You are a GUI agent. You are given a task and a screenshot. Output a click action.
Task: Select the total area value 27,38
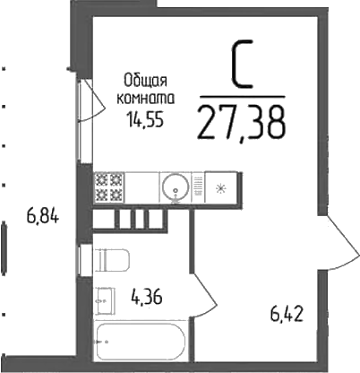[242, 119]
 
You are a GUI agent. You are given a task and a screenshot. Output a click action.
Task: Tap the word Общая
[146, 81]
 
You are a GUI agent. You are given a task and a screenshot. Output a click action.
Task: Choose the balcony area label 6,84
[42, 215]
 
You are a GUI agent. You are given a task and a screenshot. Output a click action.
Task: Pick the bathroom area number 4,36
[146, 293]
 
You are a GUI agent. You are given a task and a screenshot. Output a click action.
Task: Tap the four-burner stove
[109, 187]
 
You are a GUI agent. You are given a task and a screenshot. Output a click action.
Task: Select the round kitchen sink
[175, 187]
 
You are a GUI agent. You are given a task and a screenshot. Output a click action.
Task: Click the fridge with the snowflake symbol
[220, 187]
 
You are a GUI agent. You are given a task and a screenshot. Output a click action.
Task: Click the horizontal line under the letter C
[242, 96]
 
